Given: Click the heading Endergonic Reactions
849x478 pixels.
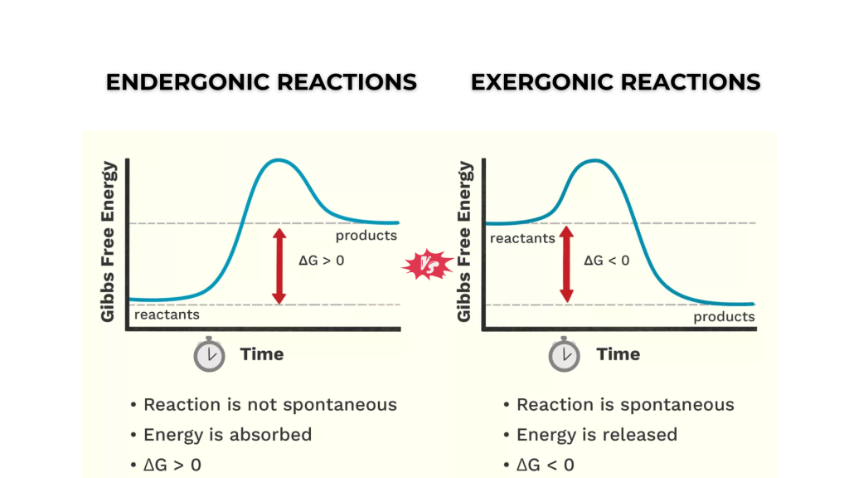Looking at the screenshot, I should (261, 82).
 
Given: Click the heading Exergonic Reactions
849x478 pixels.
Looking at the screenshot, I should (615, 82).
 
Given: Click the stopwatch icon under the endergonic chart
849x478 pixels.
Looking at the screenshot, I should (209, 354).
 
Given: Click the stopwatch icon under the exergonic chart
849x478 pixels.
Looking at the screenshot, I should (565, 354).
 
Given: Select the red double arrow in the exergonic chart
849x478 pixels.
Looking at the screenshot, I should (567, 264).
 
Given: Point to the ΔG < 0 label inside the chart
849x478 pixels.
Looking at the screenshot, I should (607, 260).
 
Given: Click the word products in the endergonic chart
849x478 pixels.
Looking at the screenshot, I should (366, 235).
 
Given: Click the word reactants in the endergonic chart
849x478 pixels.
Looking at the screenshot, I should (167, 315).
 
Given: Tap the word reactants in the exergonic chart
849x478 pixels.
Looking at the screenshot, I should (522, 238).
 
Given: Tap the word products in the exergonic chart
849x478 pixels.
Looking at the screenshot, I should (724, 316).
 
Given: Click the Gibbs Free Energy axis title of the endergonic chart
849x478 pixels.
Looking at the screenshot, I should (109, 242).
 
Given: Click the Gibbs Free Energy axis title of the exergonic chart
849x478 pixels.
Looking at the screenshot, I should (465, 242).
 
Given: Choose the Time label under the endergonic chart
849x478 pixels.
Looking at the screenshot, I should (262, 354).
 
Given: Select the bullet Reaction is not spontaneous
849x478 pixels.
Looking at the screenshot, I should (269, 405).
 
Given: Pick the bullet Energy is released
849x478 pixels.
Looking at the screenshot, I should (596, 435).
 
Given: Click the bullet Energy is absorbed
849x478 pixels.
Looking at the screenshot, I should (227, 435).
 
